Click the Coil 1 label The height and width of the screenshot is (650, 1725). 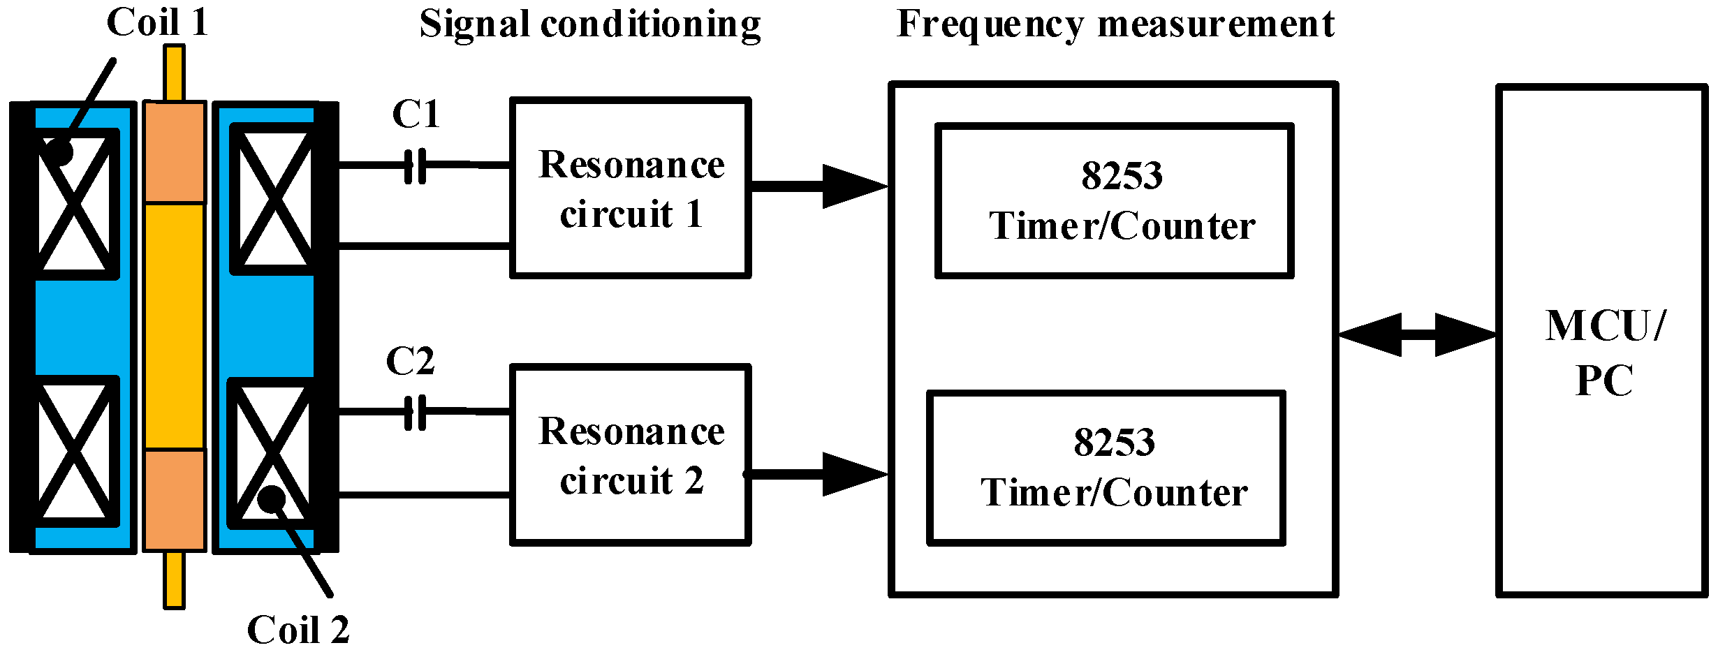click(x=158, y=22)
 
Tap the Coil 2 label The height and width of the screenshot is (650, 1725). click(x=298, y=630)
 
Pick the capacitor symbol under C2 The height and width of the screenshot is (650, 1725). click(x=416, y=413)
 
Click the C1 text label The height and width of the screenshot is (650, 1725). click(x=416, y=115)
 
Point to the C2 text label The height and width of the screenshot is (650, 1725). click(x=411, y=362)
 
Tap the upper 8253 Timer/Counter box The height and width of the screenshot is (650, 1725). click(x=1115, y=201)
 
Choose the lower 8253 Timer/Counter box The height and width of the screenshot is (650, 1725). click(x=1106, y=468)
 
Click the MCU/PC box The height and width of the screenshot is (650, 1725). click(x=1602, y=341)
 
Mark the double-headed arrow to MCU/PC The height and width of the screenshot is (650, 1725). click(x=1418, y=335)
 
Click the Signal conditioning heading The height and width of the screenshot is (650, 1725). click(x=590, y=25)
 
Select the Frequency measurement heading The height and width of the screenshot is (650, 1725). click(x=1115, y=25)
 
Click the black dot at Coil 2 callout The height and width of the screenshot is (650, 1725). click(x=272, y=498)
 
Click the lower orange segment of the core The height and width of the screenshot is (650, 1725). click(x=175, y=500)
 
